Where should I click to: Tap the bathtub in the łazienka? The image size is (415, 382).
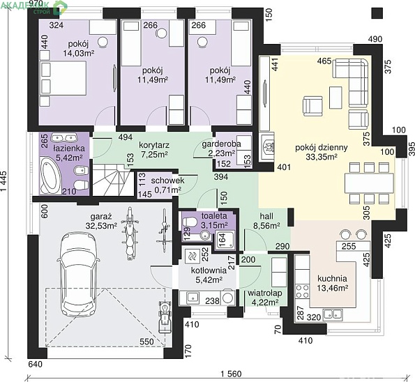[50, 175]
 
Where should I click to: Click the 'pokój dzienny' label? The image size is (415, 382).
[321, 148]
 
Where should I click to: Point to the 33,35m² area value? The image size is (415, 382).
[322, 157]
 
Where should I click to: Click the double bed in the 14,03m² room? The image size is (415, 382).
[63, 78]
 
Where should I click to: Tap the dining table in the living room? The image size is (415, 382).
[369, 183]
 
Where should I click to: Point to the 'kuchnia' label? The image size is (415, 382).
[332, 279]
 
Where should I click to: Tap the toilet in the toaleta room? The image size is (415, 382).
[190, 222]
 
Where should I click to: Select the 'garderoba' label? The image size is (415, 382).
[221, 144]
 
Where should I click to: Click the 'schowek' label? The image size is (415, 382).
[167, 181]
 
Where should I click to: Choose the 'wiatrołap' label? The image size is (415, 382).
[265, 293]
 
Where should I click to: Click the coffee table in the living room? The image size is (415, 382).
[335, 98]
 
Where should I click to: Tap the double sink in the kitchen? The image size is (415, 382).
[333, 315]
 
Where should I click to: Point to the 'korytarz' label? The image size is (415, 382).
[154, 146]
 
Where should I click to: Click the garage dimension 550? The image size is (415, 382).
[146, 342]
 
